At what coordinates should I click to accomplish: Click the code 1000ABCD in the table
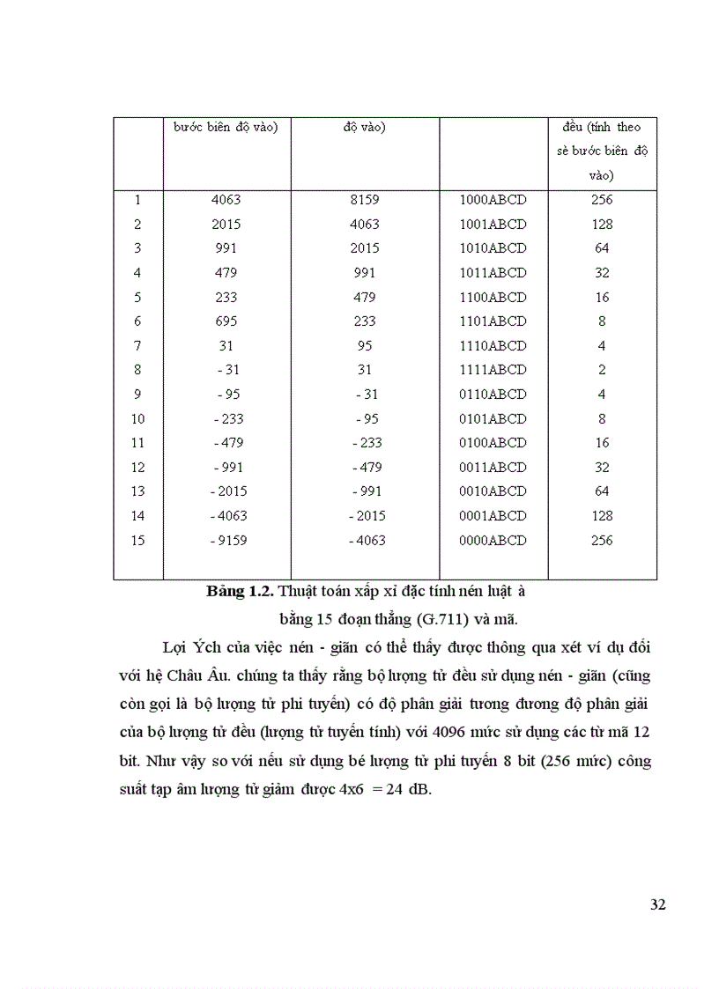coord(493,200)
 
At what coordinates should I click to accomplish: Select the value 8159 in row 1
coord(364,200)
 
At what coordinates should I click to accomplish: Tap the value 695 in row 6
coord(226,321)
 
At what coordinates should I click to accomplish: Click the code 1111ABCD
coord(493,370)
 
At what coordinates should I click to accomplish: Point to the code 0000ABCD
coord(493,540)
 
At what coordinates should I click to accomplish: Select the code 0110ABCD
coord(493,395)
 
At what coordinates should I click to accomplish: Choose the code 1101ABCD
coord(493,321)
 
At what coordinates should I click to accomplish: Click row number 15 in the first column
coord(137,540)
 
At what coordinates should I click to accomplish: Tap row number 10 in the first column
coord(137,418)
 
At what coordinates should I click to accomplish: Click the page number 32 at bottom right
coord(657,904)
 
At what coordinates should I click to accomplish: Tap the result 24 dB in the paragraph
coord(408,790)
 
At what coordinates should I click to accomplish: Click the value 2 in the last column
coord(602,370)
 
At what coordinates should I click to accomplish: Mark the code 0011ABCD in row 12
coord(493,467)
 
